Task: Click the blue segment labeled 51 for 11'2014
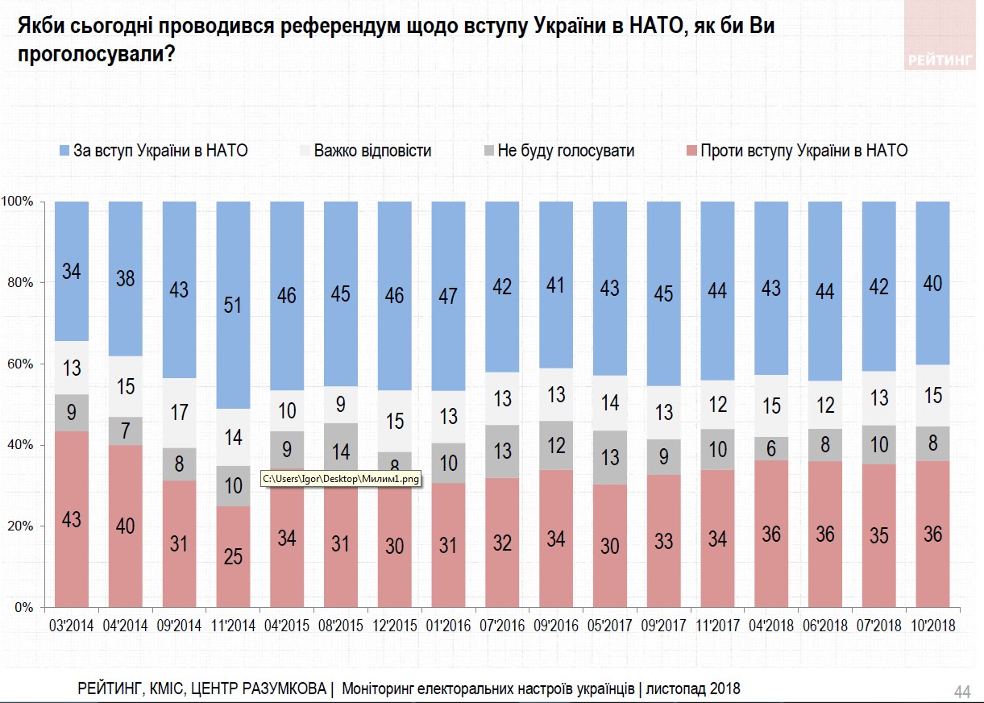pyautogui.click(x=233, y=305)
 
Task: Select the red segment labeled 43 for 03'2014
pyautogui.click(x=72, y=519)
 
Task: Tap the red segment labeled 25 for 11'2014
pyautogui.click(x=233, y=556)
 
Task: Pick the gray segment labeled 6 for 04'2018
pyautogui.click(x=771, y=448)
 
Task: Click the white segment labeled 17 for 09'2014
pyautogui.click(x=179, y=413)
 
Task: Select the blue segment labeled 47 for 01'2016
pyautogui.click(x=448, y=296)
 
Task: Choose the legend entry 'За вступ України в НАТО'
pyautogui.click(x=153, y=150)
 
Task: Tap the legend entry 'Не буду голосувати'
pyautogui.click(x=558, y=150)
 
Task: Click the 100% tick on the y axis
pyautogui.click(x=17, y=201)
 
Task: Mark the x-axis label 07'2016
pyautogui.click(x=501, y=625)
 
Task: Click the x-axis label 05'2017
pyautogui.click(x=609, y=625)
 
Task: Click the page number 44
pyautogui.click(x=961, y=692)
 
